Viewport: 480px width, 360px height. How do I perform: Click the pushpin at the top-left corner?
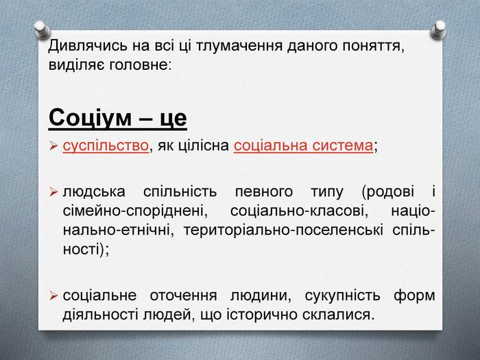pos(42,29)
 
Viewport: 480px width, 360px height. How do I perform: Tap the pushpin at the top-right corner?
pos(438,29)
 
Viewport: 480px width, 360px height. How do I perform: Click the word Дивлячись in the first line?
pos(88,46)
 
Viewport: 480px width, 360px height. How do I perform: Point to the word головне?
pos(140,65)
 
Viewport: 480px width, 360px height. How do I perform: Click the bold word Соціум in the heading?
pos(90,118)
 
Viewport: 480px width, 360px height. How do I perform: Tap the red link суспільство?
pos(106,145)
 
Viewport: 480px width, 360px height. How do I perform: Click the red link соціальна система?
pos(303,145)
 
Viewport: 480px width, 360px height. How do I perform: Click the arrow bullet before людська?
pos(53,192)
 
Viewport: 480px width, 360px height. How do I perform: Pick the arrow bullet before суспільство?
pos(53,146)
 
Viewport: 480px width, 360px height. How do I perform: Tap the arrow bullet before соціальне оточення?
pos(53,296)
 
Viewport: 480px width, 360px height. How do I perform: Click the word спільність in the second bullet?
pos(180,192)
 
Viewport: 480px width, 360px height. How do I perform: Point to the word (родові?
pos(388,192)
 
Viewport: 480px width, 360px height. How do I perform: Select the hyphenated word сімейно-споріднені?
pos(135,211)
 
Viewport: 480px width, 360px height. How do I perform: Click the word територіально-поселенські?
pos(283,230)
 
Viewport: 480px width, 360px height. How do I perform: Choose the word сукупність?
pos(343,296)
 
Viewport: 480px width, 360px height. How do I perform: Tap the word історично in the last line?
pos(262,315)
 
